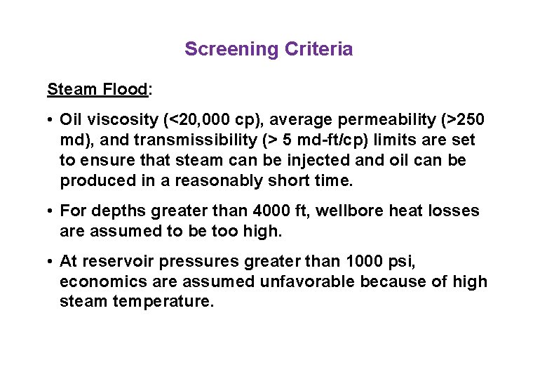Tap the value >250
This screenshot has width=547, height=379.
pos(462,120)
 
